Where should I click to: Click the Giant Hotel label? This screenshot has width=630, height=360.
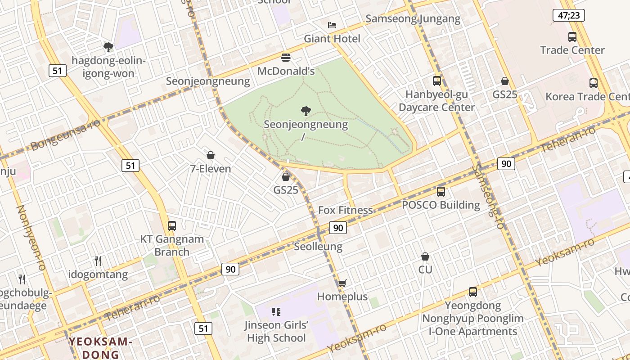pyautogui.click(x=332, y=39)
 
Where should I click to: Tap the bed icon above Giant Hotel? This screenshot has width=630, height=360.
pyautogui.click(x=332, y=25)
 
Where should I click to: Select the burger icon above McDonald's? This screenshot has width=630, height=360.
pyautogui.click(x=286, y=58)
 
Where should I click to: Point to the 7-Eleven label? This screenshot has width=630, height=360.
pyautogui.click(x=210, y=169)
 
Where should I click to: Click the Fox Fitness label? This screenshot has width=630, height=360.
pyautogui.click(x=345, y=210)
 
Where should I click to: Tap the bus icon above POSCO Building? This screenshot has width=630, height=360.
pyautogui.click(x=441, y=192)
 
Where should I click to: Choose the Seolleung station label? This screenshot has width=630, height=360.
pyautogui.click(x=318, y=247)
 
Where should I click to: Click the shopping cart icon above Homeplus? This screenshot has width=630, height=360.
pyautogui.click(x=342, y=283)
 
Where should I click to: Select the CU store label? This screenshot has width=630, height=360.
pyautogui.click(x=425, y=270)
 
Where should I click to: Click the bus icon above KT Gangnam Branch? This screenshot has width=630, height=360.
pyautogui.click(x=172, y=226)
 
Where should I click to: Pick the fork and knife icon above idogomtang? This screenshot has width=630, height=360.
pyautogui.click(x=98, y=261)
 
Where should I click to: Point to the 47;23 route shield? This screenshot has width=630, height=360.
pyautogui.click(x=569, y=16)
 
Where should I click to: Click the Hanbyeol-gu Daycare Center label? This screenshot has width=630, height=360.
pyautogui.click(x=436, y=101)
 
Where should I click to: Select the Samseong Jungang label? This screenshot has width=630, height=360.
pyautogui.click(x=413, y=19)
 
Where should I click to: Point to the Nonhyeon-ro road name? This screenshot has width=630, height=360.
pyautogui.click(x=31, y=238)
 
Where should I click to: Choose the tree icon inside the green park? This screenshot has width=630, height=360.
pyautogui.click(x=306, y=111)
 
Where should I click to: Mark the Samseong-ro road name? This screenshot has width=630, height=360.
pyautogui.click(x=489, y=197)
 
